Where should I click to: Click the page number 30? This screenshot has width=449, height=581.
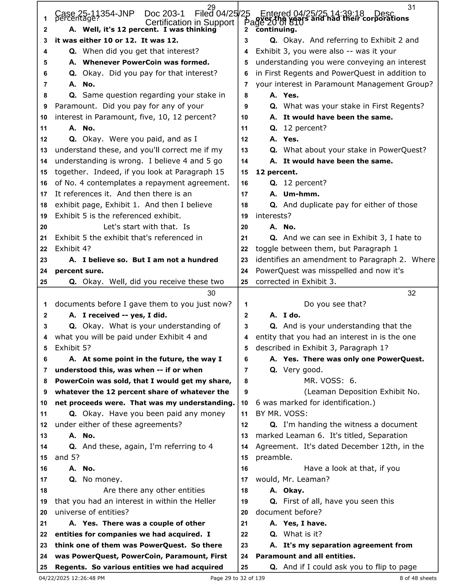click(211, 293)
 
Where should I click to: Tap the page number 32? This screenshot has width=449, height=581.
click(412, 293)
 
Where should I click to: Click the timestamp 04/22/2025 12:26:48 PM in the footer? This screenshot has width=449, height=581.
click(72, 578)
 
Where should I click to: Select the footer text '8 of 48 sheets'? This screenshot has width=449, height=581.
click(418, 578)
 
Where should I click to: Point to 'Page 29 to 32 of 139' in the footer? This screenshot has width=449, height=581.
click(237, 578)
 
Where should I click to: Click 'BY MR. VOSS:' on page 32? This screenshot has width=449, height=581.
click(282, 414)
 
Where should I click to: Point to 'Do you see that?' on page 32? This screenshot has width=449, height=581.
click(335, 304)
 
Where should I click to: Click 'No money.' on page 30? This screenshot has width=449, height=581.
click(102, 479)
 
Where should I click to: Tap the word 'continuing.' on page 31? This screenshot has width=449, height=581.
click(276, 30)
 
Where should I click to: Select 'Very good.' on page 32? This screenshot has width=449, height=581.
click(303, 370)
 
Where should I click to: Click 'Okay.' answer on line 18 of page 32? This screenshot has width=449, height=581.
click(293, 490)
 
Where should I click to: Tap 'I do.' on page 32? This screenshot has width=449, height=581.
click(292, 315)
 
